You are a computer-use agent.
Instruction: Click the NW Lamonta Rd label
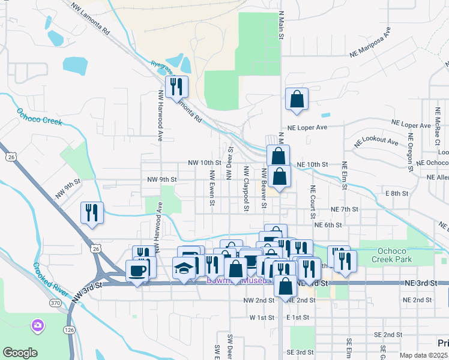click(90, 17)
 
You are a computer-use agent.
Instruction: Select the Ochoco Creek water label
click(40, 116)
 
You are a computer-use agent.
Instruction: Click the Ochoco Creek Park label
click(392, 254)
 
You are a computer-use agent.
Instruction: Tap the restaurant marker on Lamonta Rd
click(176, 87)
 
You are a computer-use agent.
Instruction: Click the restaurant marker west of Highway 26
click(92, 214)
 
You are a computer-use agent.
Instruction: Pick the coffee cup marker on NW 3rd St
click(137, 271)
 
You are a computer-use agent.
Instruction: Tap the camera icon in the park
click(37, 325)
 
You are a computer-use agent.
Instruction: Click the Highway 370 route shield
click(55, 304)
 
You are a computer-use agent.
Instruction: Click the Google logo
click(20, 353)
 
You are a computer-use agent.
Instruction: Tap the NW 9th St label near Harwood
click(162, 179)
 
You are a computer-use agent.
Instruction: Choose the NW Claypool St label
click(246, 188)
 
